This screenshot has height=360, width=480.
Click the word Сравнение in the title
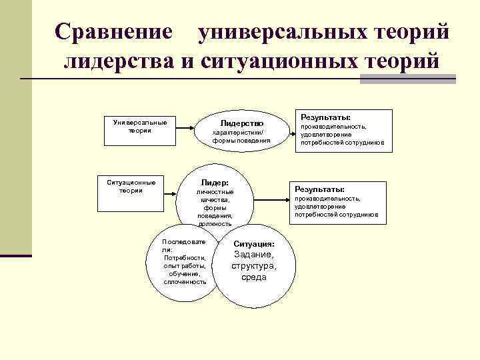[113, 32]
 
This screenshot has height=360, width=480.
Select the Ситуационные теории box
[131, 186]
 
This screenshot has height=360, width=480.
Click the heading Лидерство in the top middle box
[242, 123]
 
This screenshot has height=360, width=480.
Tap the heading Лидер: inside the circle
[215, 183]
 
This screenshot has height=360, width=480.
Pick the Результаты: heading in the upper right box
[326, 117]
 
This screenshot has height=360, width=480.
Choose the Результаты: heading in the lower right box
[320, 189]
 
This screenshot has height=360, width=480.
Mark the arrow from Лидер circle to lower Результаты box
[269, 197]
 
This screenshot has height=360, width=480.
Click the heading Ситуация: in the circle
[254, 245]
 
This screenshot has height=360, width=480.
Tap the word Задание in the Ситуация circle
[253, 255]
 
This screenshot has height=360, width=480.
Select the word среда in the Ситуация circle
[254, 277]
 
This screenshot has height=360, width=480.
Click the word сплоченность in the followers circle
[185, 282]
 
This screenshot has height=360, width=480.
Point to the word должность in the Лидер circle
[215, 224]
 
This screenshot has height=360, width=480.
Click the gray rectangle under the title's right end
[407, 79]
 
